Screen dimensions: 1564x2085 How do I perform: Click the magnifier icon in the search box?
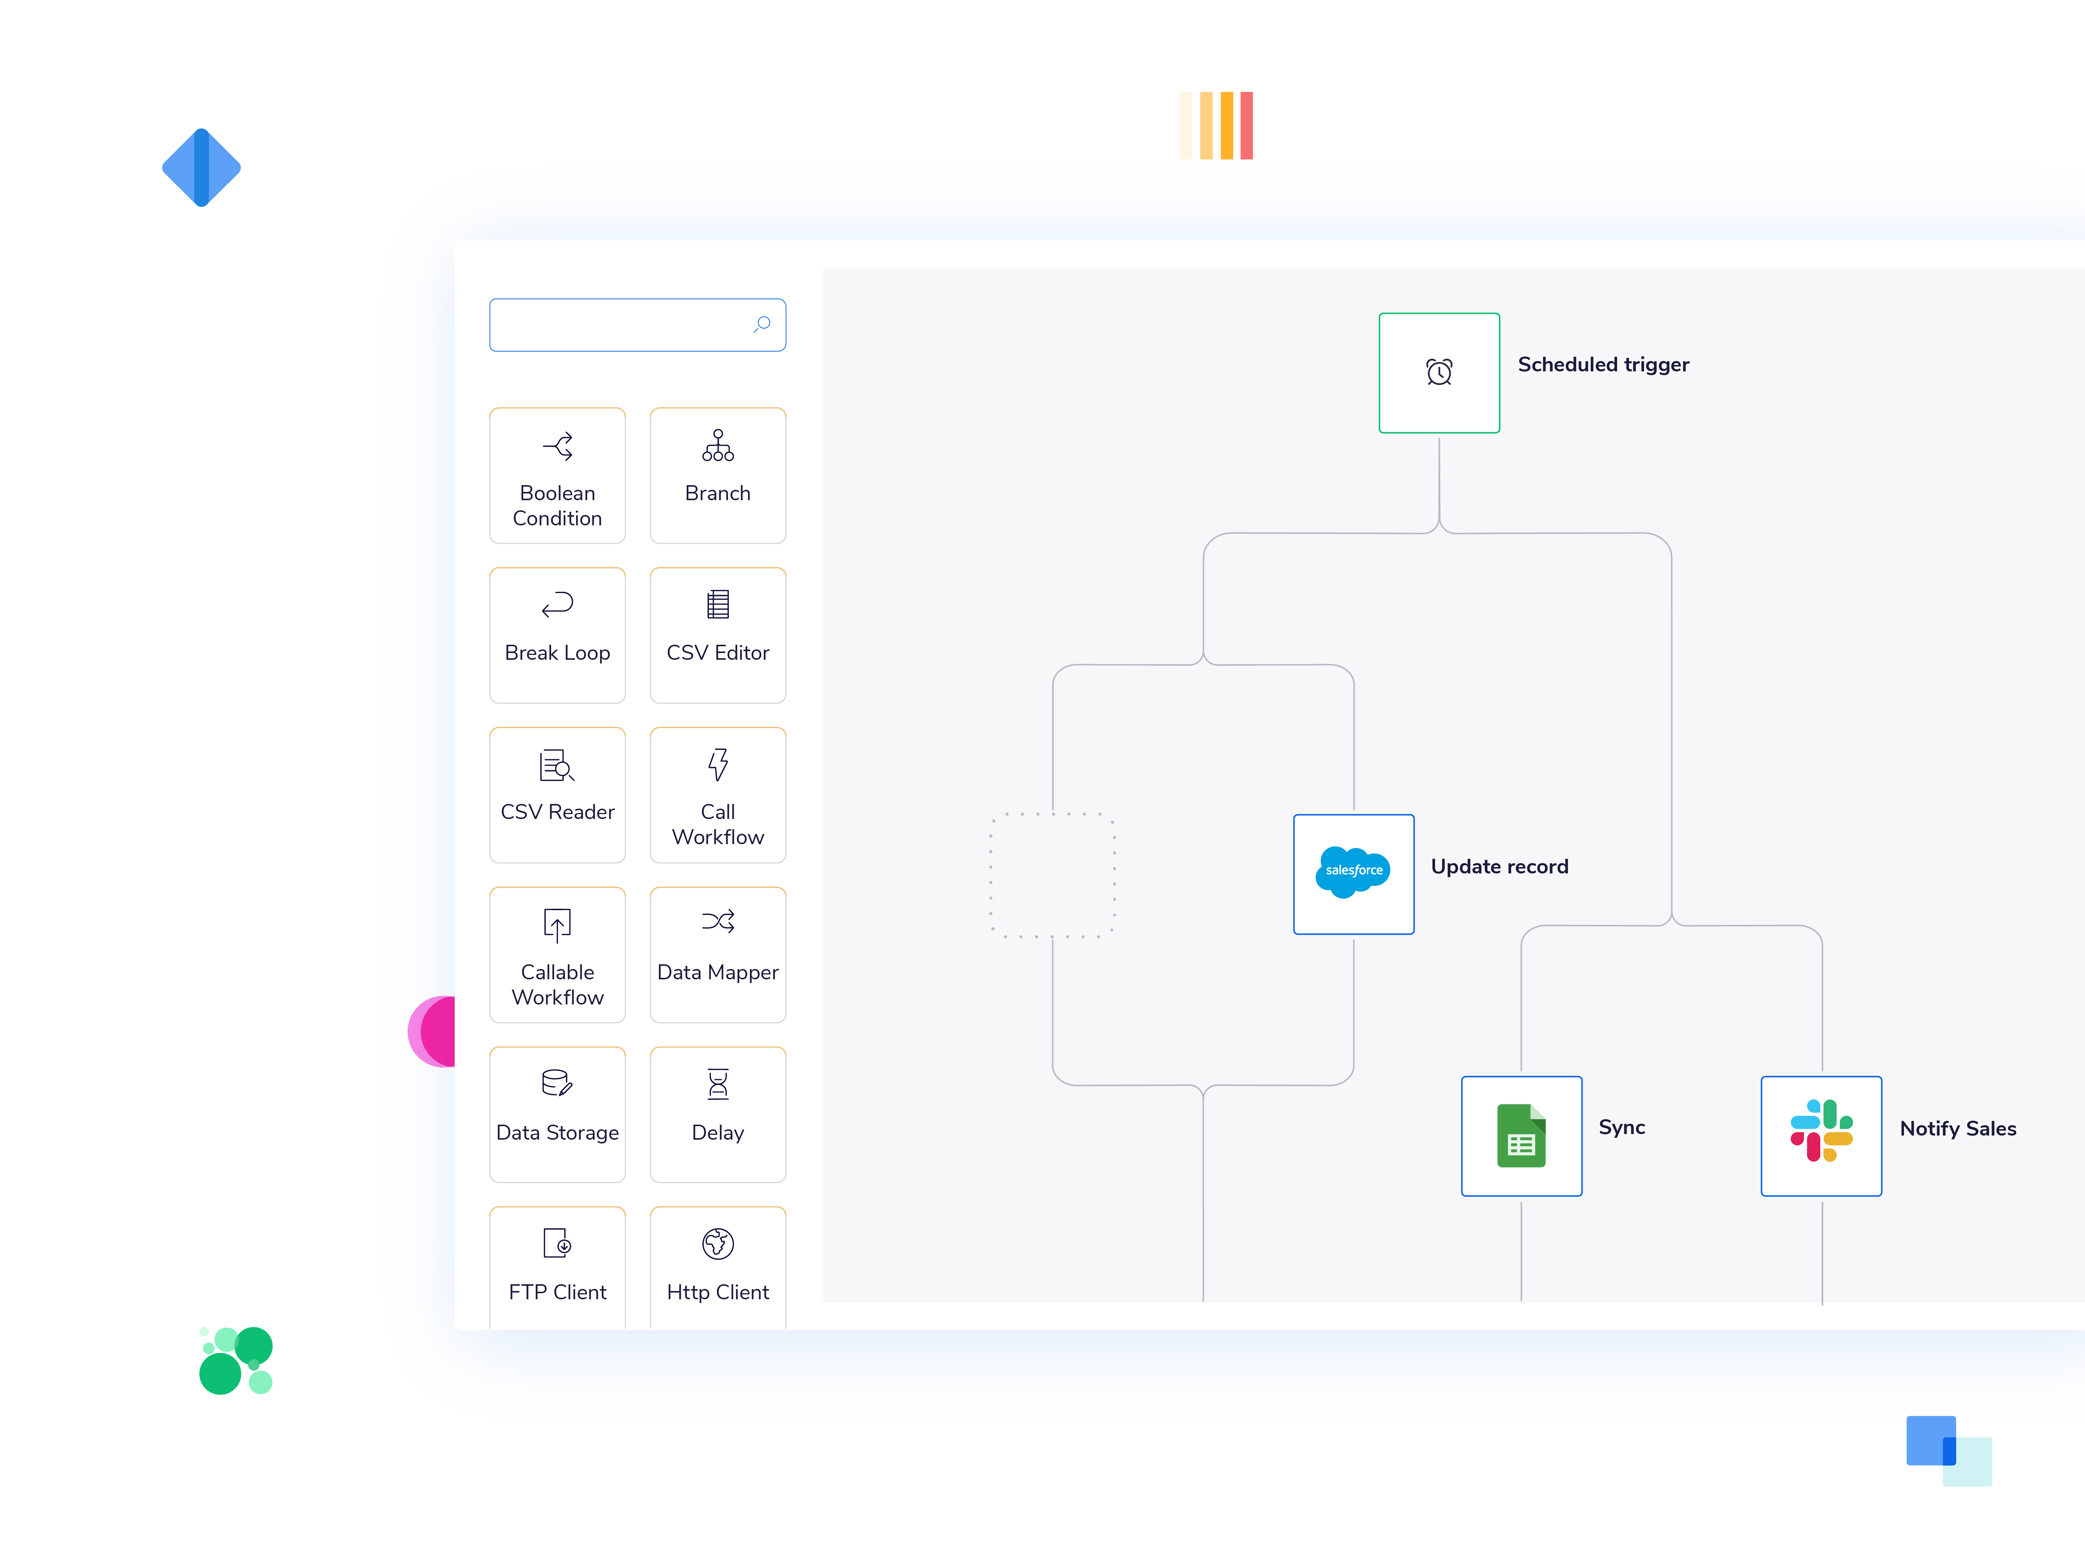763,324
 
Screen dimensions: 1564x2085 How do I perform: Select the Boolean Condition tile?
557,476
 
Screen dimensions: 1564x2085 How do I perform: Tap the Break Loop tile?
557,635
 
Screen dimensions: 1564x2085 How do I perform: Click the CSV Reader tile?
557,795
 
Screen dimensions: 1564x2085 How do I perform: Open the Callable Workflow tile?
557,955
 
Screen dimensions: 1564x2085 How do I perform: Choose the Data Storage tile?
557,1114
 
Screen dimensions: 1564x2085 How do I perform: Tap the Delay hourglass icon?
718,1084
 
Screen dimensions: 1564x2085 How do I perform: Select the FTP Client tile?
557,1268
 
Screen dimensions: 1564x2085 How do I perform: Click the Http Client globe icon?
718,1243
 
